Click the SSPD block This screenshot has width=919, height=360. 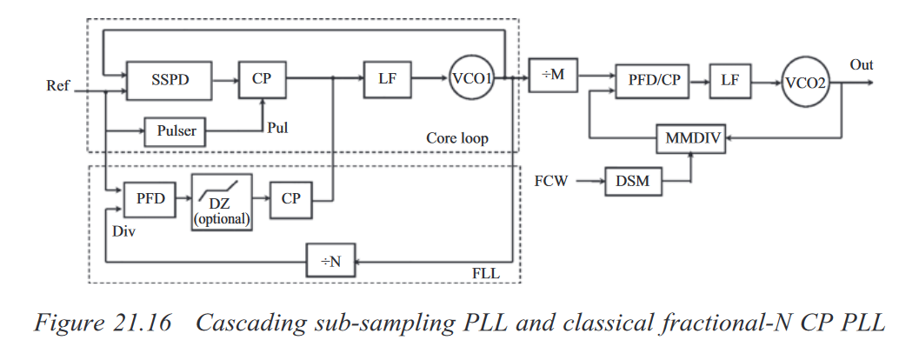click(x=170, y=79)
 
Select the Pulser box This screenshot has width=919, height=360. click(x=176, y=131)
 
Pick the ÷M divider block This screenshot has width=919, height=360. click(x=553, y=76)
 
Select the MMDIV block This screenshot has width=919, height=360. click(x=690, y=137)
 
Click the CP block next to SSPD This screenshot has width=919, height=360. click(x=263, y=79)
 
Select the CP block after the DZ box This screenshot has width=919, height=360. click(x=290, y=199)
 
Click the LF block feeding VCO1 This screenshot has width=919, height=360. click(x=388, y=79)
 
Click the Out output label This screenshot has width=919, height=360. click(x=862, y=65)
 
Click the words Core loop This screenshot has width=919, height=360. click(x=456, y=138)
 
